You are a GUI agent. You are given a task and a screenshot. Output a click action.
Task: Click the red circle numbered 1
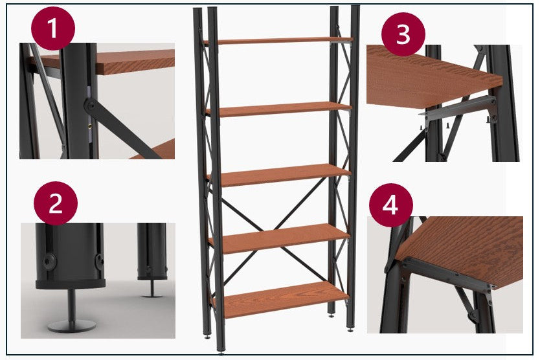coord(53,28)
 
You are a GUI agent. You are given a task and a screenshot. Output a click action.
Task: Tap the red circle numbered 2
coord(56,203)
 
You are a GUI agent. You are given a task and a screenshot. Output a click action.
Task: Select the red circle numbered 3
coord(403,34)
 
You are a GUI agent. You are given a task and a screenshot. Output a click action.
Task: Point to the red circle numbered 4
coord(391,205)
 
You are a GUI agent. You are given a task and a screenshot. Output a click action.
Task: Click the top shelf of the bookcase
coord(279,41)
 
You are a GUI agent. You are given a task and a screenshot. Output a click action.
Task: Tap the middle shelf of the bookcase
coord(279,175)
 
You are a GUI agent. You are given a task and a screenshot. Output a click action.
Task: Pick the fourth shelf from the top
coord(280,238)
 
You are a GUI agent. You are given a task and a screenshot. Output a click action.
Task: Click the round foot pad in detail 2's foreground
coord(72,326)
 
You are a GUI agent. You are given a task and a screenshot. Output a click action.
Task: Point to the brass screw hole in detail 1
coord(90,126)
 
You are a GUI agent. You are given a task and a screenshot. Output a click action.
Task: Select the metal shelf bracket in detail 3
coord(458,111)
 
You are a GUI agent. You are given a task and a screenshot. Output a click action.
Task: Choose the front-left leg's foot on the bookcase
coord(221,352)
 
